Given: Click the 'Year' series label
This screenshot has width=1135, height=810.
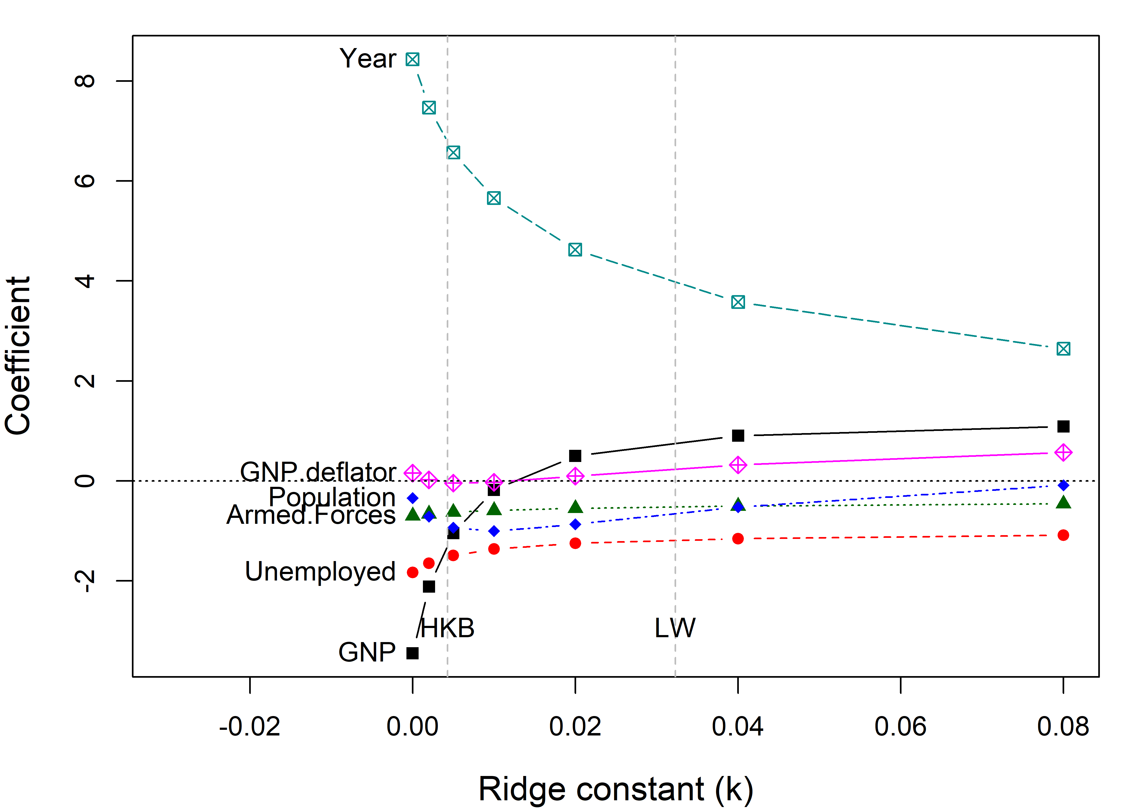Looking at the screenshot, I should [x=368, y=59].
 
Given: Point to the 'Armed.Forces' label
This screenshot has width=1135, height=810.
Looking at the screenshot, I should [x=311, y=515].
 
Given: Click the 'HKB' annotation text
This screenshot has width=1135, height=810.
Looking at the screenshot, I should [x=448, y=628].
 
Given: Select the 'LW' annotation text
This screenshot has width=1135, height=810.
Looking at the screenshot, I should [x=675, y=628].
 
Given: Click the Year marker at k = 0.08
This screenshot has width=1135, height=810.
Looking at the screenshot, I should [x=1063, y=349].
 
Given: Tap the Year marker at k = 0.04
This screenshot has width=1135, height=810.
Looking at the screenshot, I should [x=738, y=302].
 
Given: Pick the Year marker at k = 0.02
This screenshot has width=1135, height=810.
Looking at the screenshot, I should [x=575, y=249].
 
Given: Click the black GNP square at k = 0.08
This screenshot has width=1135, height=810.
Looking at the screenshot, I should [x=1063, y=426].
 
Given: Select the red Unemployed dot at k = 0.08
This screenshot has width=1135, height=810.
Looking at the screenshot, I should [x=1063, y=535].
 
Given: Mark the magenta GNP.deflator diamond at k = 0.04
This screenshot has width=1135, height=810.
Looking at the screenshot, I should [x=738, y=465].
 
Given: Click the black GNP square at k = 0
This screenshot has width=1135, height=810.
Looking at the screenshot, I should [x=412, y=653].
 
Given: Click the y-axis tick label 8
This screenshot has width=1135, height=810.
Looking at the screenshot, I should [x=85, y=81].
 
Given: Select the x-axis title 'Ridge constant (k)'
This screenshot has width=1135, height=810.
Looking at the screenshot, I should [x=615, y=789].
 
